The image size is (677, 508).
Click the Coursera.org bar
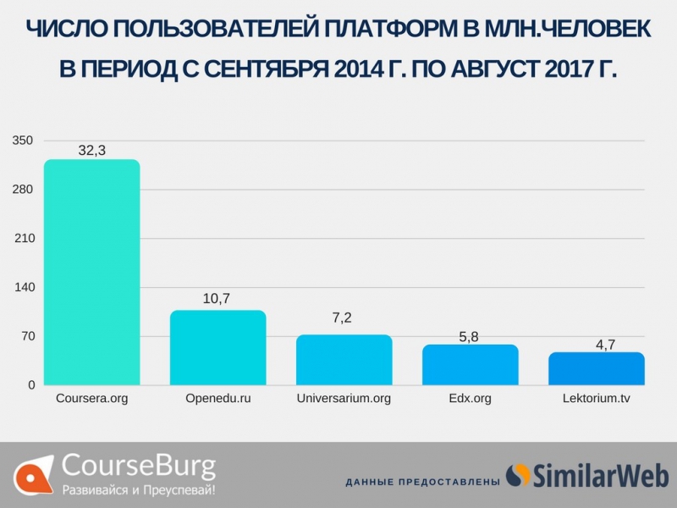[x=91, y=272]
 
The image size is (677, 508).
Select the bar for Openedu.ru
[x=217, y=347]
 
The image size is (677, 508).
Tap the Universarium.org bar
[x=344, y=360]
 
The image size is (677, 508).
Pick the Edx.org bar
[x=470, y=364]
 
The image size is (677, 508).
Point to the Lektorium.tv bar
[x=596, y=368]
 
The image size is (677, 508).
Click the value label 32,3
[x=91, y=151]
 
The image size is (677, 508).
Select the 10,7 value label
[x=217, y=298]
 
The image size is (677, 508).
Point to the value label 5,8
[x=469, y=336]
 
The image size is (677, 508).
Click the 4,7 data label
[x=595, y=344]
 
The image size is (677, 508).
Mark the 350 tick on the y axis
[x=23, y=140]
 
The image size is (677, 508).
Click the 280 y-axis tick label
[x=23, y=189]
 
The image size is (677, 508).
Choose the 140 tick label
[x=23, y=287]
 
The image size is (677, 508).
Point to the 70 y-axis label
[x=26, y=336]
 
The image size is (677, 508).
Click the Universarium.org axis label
[x=344, y=398]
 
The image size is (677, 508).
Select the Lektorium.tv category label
[x=596, y=398]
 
